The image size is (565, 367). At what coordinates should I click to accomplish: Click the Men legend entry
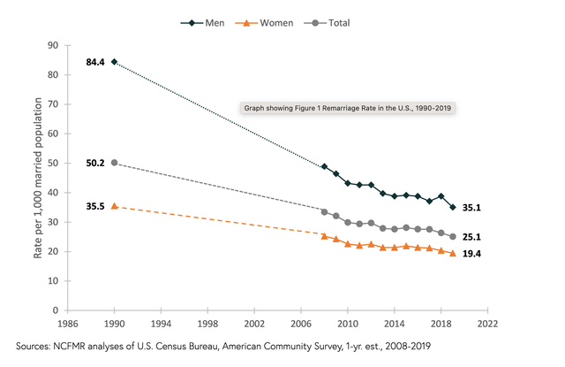click(202, 23)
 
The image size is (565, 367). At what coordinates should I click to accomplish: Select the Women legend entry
click(264, 23)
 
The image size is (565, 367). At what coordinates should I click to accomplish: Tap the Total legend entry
click(327, 23)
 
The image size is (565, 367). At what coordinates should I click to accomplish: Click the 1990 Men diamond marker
click(114, 62)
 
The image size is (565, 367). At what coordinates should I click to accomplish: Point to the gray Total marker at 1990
click(114, 163)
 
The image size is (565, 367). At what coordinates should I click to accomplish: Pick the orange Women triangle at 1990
click(114, 206)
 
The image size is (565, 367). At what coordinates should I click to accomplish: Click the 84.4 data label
click(95, 63)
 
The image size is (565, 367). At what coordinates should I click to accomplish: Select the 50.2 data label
click(95, 163)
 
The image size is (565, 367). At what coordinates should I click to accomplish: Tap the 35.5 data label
click(95, 206)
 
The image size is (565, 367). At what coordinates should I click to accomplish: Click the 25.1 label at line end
click(471, 237)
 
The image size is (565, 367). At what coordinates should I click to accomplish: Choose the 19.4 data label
click(471, 254)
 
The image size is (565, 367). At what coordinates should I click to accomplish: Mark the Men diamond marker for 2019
click(453, 207)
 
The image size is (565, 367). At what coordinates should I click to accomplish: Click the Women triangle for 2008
click(324, 236)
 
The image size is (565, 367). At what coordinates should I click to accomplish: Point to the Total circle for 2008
click(324, 212)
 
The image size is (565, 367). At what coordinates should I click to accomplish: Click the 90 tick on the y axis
click(53, 45)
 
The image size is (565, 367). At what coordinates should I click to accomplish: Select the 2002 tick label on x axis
click(254, 324)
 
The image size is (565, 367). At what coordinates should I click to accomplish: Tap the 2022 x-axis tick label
click(487, 324)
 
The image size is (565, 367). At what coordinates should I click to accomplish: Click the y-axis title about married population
click(38, 178)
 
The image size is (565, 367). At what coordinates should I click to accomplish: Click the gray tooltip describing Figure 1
click(348, 108)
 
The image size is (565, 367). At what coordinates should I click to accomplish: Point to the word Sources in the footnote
click(33, 347)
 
